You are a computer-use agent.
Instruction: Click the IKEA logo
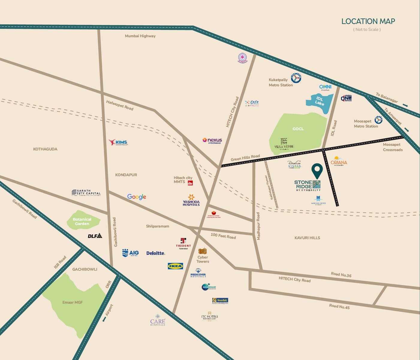tap(175, 266)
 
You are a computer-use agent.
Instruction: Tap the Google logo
tap(136, 197)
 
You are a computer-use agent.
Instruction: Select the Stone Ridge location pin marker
tap(317, 171)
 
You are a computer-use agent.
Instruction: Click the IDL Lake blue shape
tap(319, 102)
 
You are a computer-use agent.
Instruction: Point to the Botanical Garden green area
tap(82, 221)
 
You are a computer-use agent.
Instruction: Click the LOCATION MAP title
tap(368, 21)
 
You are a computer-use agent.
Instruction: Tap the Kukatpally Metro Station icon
tap(296, 78)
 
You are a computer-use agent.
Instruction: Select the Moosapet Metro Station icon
tap(378, 120)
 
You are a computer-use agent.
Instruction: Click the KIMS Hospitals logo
tap(118, 142)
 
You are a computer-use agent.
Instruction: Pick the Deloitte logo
tap(156, 253)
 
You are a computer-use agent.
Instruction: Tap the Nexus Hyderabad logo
tap(212, 140)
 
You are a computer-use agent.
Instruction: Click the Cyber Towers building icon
tap(203, 251)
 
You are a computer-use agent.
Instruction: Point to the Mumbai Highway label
tap(140, 36)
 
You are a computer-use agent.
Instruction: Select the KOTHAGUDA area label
tap(45, 149)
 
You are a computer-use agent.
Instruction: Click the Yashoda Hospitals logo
tap(191, 200)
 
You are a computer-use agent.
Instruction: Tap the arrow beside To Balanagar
tap(405, 105)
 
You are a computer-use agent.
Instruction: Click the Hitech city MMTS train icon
tap(190, 183)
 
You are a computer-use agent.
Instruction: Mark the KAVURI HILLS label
tap(307, 238)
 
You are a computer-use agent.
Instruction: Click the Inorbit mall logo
tap(220, 300)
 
